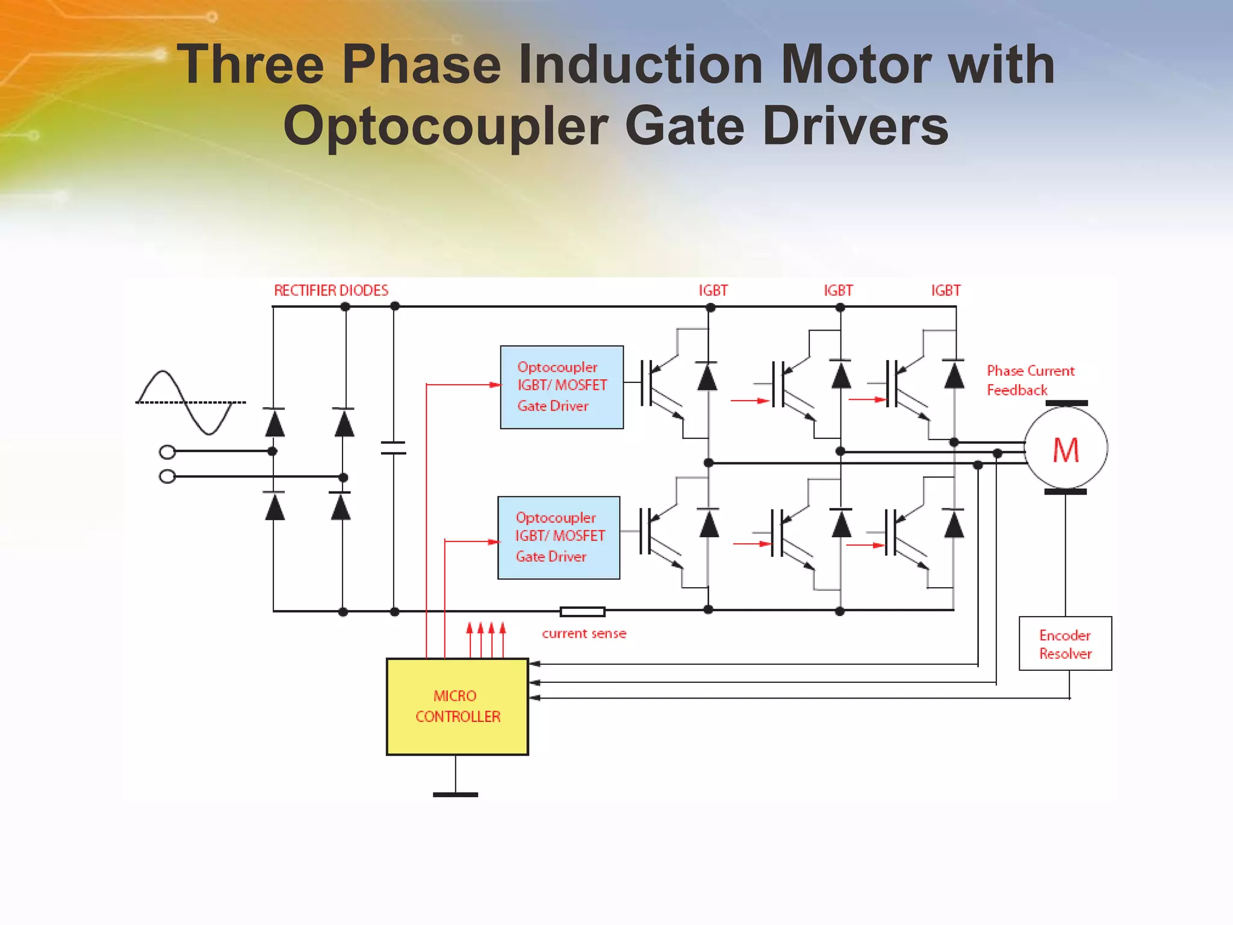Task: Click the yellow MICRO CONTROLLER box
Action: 458,706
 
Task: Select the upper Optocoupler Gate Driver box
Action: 562,387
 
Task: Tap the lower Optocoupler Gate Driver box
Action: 559,538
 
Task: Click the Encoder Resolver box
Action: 1065,644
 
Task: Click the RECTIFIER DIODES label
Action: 331,291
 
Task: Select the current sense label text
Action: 584,634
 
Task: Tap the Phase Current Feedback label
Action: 1030,381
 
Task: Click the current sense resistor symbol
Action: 582,612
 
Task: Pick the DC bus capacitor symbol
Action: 394,447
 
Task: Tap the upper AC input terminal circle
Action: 167,452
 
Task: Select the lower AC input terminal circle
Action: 167,477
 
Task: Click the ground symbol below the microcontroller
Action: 456,794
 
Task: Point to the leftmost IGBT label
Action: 713,291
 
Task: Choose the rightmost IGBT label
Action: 946,291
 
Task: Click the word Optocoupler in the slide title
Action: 446,126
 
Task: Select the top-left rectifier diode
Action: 275,423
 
